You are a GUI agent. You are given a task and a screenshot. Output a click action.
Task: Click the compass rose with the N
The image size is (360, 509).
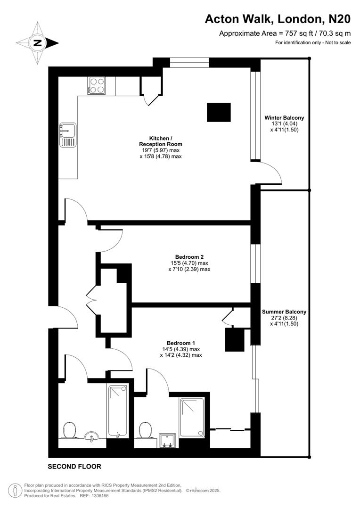(x=37, y=43)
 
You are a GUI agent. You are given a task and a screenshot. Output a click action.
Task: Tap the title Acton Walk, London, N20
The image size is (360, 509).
(x=278, y=19)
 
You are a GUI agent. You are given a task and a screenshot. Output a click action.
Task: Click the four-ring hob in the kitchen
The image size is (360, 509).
(x=96, y=85)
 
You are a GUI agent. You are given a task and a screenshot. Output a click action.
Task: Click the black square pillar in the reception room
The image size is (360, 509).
(x=219, y=112)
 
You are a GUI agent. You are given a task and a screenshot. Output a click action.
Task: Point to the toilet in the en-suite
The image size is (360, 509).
(x=146, y=430)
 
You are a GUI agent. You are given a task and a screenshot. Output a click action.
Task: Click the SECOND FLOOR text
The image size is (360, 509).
(x=74, y=467)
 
